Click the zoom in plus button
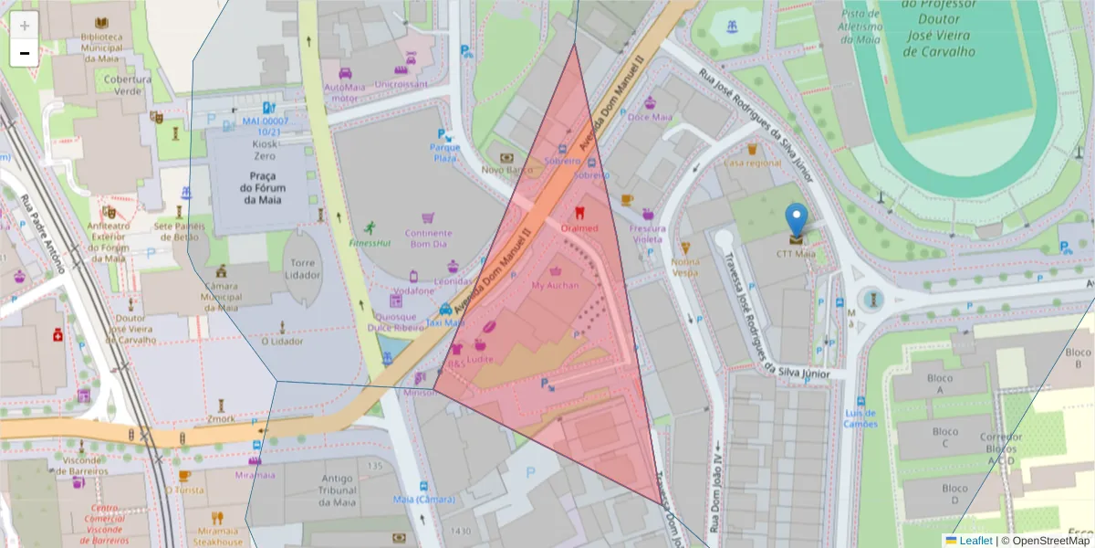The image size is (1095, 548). [25, 26]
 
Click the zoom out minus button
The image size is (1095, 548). [25, 53]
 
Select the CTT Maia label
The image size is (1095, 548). [796, 254]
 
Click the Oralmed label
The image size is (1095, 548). [579, 227]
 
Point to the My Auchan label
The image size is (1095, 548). [555, 285]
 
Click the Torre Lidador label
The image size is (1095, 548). [302, 268]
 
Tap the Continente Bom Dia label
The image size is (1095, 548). [427, 238]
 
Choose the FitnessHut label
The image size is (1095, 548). [370, 243]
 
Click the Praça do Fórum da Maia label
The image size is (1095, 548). [260, 187]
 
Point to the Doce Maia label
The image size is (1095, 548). [650, 117]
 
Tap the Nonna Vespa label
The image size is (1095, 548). [685, 267]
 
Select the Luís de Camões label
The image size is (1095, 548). [860, 417]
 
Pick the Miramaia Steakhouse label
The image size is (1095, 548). [217, 536]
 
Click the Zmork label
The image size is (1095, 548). [220, 418]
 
